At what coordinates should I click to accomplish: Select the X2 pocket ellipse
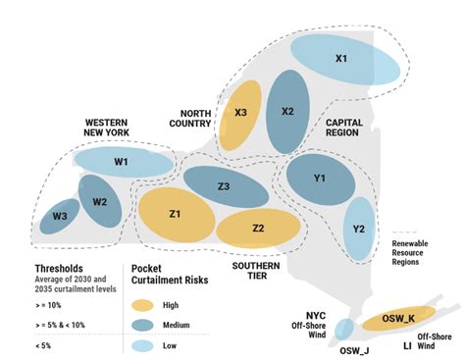[x=287, y=111]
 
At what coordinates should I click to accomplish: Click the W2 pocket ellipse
[x=99, y=202]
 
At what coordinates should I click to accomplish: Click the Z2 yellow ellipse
[x=257, y=228]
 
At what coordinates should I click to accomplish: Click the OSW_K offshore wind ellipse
[x=398, y=319]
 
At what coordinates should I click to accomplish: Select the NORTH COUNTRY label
[x=191, y=117]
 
